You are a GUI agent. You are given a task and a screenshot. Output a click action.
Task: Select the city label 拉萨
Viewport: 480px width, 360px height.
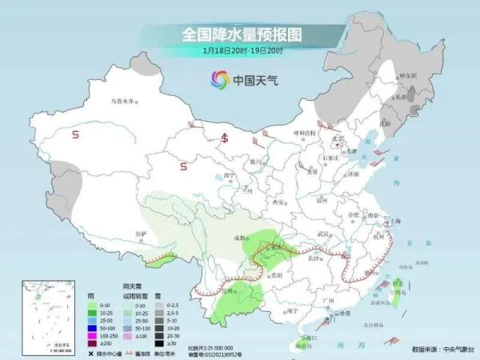(142, 234)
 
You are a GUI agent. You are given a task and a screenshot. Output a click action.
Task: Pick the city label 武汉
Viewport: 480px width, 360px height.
(323, 233)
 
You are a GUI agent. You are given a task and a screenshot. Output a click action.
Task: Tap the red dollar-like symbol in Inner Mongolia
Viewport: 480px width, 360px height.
(226, 135)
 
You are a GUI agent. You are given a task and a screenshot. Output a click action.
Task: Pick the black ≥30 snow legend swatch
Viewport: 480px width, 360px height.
(159, 342)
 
